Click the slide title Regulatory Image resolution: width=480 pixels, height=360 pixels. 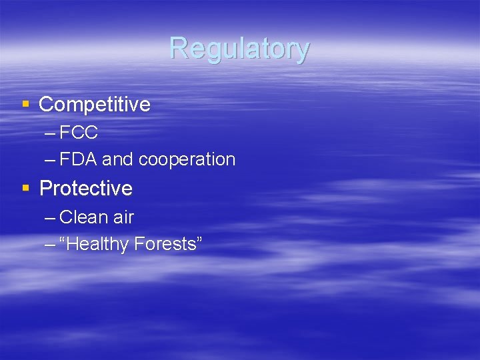point(239,49)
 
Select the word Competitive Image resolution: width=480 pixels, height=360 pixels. point(95,105)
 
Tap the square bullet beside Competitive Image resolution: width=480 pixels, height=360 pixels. point(26,104)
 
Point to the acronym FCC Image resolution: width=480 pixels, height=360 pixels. point(79,133)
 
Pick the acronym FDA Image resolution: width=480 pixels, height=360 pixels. point(78,160)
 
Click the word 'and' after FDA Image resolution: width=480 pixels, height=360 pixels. point(117,160)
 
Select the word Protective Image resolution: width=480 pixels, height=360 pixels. point(86,189)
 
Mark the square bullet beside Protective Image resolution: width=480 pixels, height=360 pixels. point(26,188)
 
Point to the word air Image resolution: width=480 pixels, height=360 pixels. point(123,217)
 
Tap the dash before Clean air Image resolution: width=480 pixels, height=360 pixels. point(50,218)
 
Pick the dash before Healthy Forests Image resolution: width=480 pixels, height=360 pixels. point(50,245)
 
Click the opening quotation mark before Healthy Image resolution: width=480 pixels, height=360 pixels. point(63,240)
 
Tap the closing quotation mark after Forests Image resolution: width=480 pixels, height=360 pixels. point(198,240)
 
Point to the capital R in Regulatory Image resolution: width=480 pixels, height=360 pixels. point(178,49)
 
